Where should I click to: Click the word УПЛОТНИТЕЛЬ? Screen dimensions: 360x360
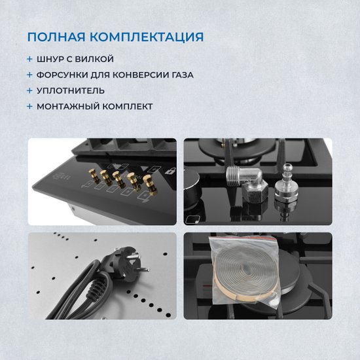[71, 91]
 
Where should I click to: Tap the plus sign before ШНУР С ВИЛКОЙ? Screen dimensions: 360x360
[29, 59]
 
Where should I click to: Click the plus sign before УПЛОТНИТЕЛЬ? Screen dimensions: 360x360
[29, 91]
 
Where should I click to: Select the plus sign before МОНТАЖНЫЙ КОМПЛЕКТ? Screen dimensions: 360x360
[29, 107]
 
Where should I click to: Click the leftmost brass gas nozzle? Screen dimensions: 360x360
[94, 175]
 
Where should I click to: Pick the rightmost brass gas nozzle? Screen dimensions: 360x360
[150, 185]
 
